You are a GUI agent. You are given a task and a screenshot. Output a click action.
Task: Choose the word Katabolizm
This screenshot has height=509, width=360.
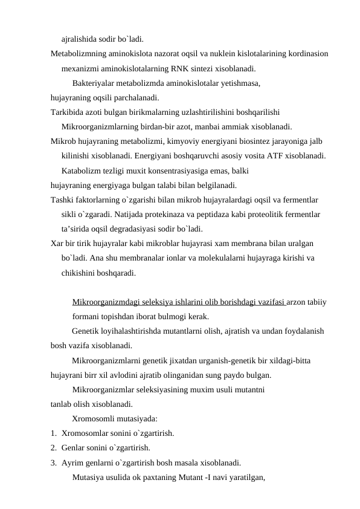pyautogui.click(x=83, y=170)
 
